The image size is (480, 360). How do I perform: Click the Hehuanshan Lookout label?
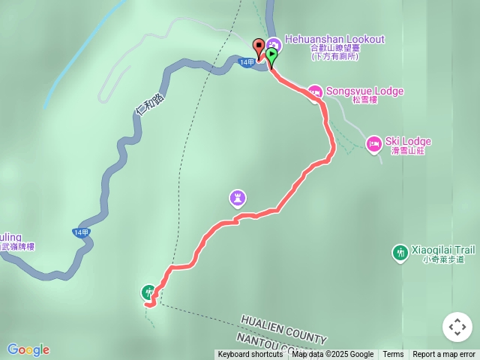point(334,39)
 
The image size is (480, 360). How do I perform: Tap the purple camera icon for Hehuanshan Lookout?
point(274,44)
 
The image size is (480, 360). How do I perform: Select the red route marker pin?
point(259,47)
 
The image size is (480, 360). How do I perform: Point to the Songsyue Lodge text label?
point(365,91)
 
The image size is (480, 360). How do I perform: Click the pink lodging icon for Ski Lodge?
point(373,142)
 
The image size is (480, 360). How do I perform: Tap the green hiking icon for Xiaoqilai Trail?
point(400,252)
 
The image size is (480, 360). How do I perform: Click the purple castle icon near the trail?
point(238,198)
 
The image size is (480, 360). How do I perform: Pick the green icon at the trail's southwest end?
point(148,292)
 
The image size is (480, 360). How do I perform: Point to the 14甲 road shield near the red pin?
point(246,62)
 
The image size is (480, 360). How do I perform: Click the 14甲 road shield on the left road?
point(82,232)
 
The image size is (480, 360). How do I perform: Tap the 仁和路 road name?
point(149,103)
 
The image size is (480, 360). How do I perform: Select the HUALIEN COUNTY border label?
point(284,328)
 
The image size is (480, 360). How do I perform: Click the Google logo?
point(28,349)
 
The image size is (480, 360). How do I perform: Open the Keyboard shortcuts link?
point(250,355)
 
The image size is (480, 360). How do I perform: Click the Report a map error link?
point(444,355)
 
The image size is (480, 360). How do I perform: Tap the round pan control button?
point(457,327)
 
